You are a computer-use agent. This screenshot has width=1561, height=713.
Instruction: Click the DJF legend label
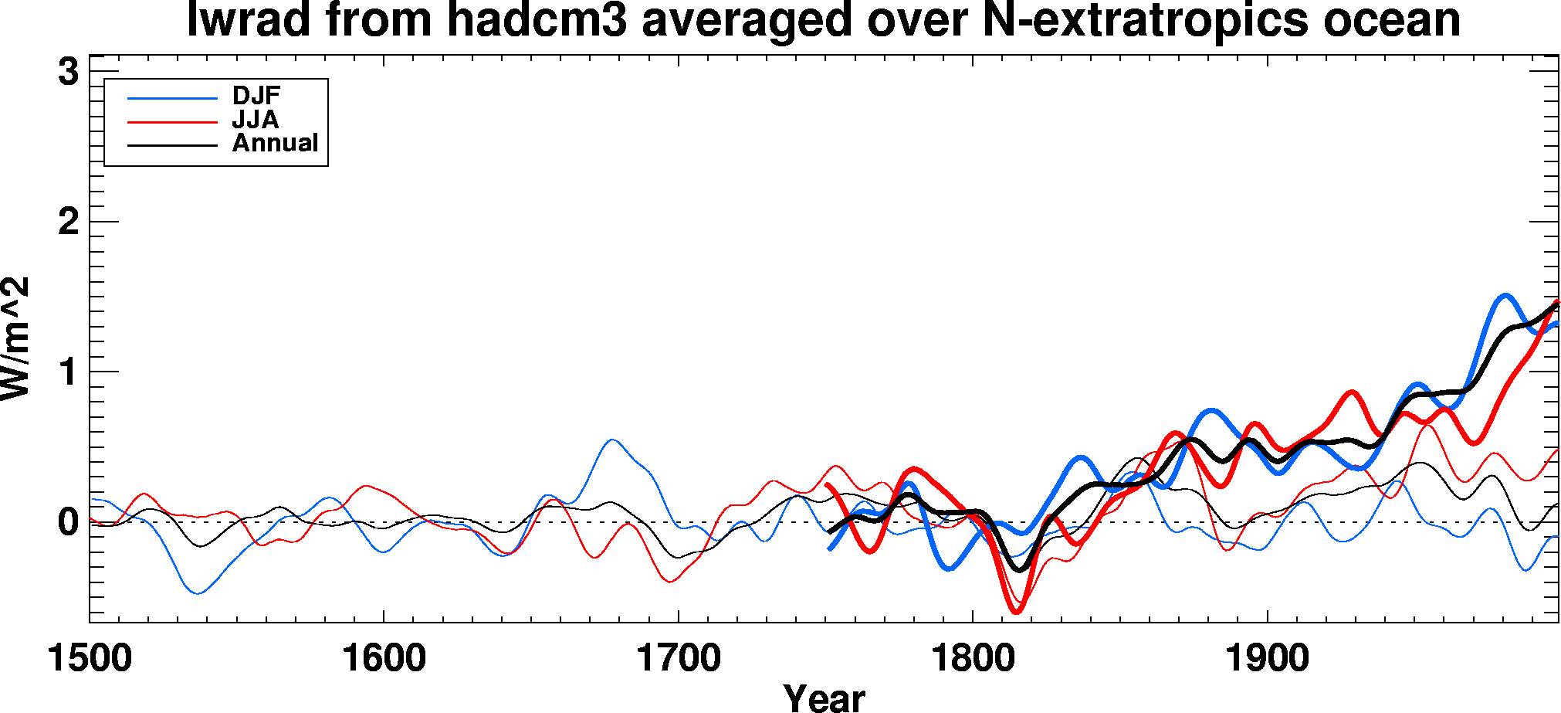256,96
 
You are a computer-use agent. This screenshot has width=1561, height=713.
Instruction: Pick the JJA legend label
256,120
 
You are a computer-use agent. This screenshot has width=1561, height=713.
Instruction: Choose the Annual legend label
276,143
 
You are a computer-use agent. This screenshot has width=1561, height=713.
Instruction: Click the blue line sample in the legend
172,98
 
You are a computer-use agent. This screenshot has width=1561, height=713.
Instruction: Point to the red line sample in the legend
172,122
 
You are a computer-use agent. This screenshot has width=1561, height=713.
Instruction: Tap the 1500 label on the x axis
90,659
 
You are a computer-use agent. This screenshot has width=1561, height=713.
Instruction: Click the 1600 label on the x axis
384,659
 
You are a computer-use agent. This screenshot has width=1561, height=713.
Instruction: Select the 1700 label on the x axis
679,659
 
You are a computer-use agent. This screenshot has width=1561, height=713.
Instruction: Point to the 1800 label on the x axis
973,659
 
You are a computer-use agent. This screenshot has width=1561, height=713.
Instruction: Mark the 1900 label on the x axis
1268,659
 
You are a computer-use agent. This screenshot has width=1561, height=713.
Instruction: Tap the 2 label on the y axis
69,222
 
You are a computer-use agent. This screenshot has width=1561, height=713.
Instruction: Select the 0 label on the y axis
69,523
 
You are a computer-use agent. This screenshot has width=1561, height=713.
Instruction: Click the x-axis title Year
824,698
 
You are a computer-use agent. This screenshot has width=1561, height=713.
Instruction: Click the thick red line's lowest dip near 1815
1017,612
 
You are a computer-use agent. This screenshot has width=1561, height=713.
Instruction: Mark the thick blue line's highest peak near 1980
1505,296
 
